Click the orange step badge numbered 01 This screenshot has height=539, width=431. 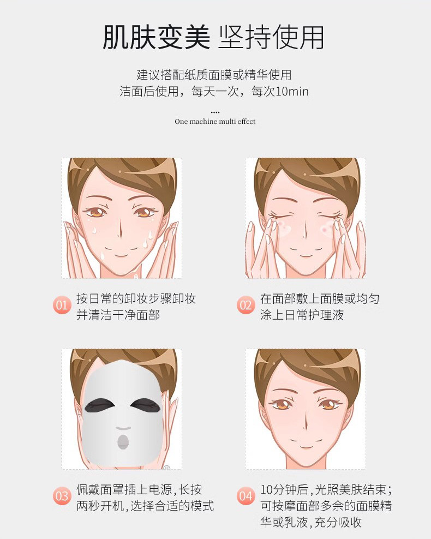pos(62,305)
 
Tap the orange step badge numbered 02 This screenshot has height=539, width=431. pos(246,305)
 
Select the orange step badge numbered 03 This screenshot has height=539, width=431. pos(62,496)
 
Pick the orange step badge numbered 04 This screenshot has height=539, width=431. pos(246,496)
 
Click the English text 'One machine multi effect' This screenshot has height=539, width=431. pos(215,121)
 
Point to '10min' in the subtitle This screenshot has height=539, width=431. pos(292,92)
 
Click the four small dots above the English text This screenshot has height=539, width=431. pos(215,112)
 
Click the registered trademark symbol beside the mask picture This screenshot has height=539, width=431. pos(166,468)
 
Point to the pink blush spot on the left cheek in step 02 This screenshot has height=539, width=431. pos(284,226)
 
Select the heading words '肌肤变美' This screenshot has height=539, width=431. pos(157,37)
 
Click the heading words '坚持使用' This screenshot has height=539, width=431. pos(271,37)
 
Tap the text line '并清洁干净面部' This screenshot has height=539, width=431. pos(118,315)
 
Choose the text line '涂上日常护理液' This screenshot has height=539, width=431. pos(302,315)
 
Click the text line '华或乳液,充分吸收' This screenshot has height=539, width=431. pos(311,522)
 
